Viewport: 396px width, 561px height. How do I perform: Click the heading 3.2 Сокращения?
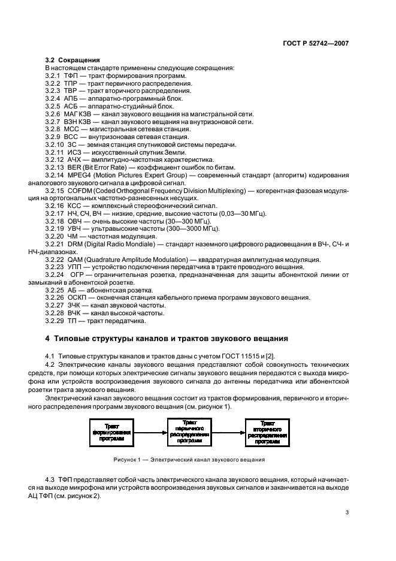pos(72,61)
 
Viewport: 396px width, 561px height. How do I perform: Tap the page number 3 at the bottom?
pos(347,512)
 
